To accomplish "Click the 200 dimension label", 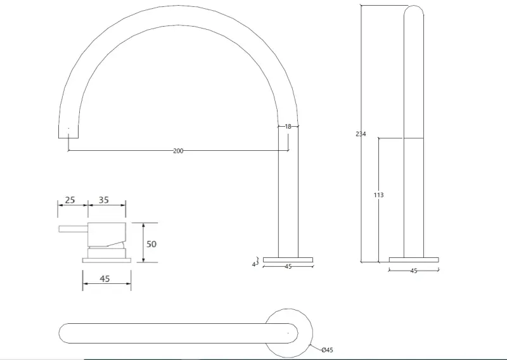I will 178,151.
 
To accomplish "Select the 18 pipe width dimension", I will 288,127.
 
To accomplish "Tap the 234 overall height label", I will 361,134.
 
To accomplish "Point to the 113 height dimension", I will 378,195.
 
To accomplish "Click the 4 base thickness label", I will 254,264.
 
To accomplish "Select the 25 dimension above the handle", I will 70,200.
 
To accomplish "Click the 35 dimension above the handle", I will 103,200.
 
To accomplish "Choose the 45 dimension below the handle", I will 105,278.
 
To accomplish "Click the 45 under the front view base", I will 288,267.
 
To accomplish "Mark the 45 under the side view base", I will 414,271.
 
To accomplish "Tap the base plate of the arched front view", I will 288,259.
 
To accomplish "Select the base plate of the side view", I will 414,259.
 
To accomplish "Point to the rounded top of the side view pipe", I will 414,13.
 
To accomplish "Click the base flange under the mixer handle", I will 106,259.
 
